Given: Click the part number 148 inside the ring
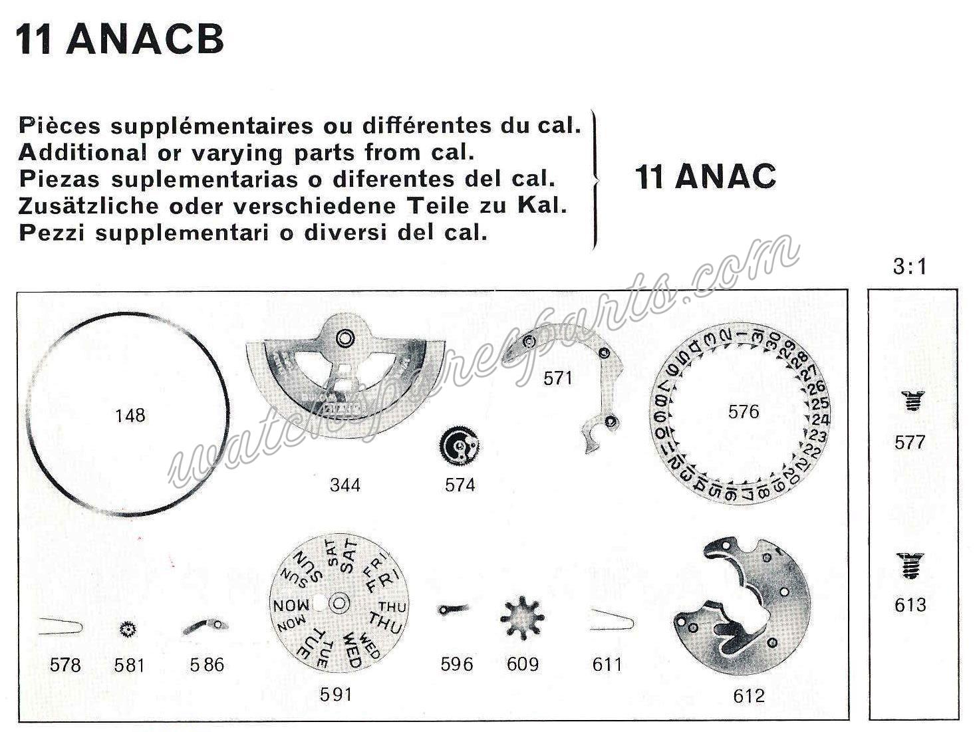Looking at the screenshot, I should [x=130, y=416].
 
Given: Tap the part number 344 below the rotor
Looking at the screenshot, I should [x=345, y=485].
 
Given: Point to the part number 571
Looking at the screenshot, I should [x=557, y=378].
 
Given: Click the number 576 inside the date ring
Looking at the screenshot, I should [x=743, y=412].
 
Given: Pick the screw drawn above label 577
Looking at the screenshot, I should [x=910, y=402].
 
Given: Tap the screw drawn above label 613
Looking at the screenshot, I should [x=910, y=566].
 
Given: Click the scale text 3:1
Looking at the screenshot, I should [x=910, y=267].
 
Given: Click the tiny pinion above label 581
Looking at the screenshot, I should [x=128, y=628].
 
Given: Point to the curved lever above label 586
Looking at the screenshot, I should [x=205, y=626].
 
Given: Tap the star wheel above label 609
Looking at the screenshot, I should [x=522, y=618].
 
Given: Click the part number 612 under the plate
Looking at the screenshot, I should [x=749, y=695].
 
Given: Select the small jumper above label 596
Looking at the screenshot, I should [x=454, y=608].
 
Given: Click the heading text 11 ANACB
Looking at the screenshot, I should [x=120, y=40].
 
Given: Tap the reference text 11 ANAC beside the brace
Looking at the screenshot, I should [x=706, y=177].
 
